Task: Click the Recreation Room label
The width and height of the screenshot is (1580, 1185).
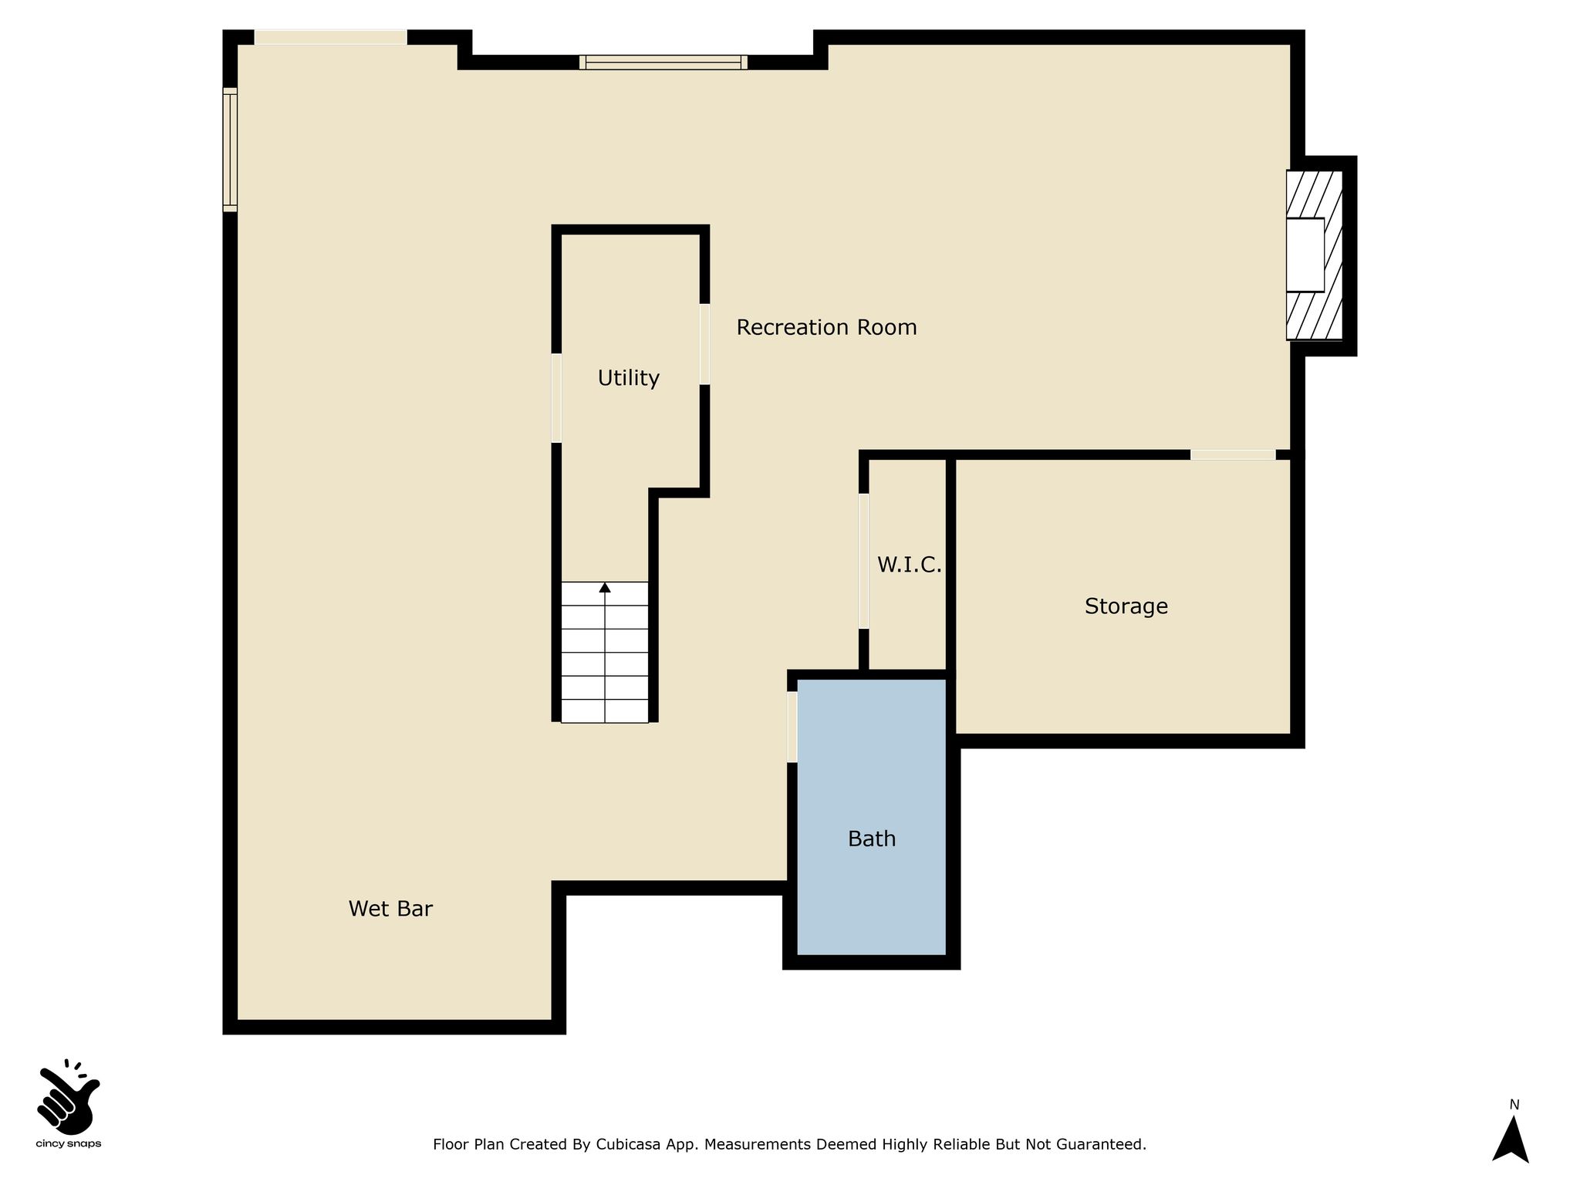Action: [826, 328]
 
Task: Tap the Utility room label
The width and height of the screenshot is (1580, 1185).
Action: [629, 378]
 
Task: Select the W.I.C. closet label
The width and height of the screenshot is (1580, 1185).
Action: [910, 565]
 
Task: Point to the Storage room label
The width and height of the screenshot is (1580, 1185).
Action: [1126, 606]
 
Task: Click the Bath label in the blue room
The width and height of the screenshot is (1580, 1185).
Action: [872, 839]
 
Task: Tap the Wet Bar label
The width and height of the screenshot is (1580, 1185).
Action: [390, 909]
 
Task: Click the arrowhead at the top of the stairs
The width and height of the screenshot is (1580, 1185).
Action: [605, 588]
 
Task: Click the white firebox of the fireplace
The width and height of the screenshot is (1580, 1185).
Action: [1305, 255]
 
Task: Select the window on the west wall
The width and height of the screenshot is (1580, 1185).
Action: [230, 150]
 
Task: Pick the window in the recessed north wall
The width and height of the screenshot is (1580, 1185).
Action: [663, 62]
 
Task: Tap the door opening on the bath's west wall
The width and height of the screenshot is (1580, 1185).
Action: [792, 727]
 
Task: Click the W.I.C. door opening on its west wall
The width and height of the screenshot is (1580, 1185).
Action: [864, 561]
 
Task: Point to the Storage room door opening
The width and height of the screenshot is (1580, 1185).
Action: [1233, 455]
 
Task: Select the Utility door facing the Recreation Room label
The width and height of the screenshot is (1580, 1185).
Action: [705, 344]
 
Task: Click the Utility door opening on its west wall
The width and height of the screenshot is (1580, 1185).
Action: [556, 398]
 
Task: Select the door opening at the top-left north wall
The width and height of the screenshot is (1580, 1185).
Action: [330, 37]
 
